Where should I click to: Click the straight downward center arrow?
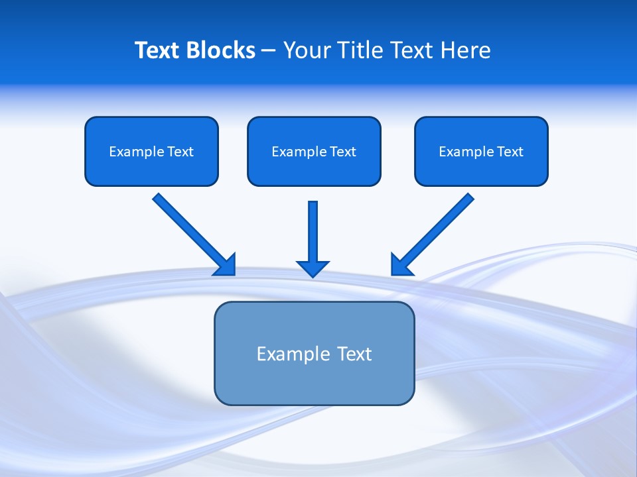[313, 232]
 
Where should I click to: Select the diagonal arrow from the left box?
[189, 230]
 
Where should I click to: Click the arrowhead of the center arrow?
[313, 268]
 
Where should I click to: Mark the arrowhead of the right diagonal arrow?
[399, 266]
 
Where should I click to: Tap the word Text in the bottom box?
[354, 354]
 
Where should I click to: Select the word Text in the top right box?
[510, 152]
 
